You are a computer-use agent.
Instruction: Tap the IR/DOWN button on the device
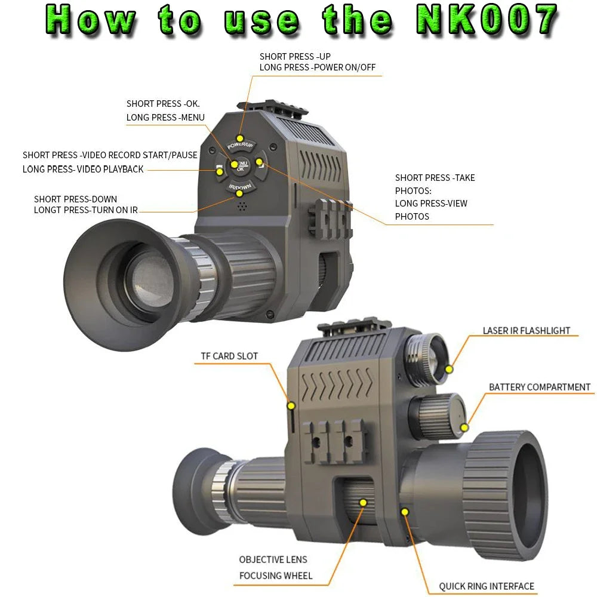pyautogui.click(x=239, y=189)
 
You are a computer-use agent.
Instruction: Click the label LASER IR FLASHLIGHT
pyautogui.click(x=526, y=331)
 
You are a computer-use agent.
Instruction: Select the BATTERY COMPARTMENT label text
pyautogui.click(x=539, y=387)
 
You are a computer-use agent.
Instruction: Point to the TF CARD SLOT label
pyautogui.click(x=229, y=356)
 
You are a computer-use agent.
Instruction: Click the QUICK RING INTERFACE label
pyautogui.click(x=487, y=586)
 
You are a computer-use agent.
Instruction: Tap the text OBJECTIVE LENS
pyautogui.click(x=273, y=559)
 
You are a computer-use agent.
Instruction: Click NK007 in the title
pyautogui.click(x=486, y=20)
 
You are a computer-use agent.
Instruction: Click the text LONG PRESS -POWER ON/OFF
pyautogui.click(x=317, y=67)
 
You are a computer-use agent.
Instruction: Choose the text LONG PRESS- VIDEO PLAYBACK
pyautogui.click(x=83, y=170)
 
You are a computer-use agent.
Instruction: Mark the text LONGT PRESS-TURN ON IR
pyautogui.click(x=85, y=210)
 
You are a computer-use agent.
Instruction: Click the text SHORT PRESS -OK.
pyautogui.click(x=163, y=104)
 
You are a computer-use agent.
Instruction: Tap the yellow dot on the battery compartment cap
pyautogui.click(x=464, y=426)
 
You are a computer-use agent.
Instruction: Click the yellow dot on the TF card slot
pyautogui.click(x=291, y=406)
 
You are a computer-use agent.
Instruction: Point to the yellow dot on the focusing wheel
pyautogui.click(x=362, y=503)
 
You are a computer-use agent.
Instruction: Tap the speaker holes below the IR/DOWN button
pyautogui.click(x=241, y=206)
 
